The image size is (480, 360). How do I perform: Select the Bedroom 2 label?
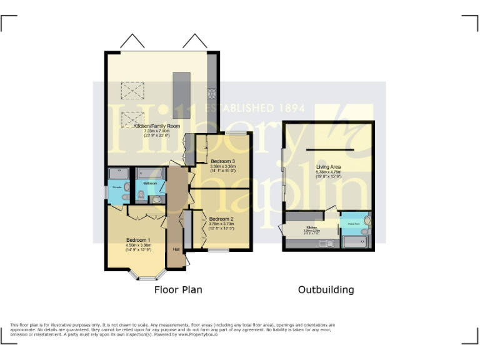222,219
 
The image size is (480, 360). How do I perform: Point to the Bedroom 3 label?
222,161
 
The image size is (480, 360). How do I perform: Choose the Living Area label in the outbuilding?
329,167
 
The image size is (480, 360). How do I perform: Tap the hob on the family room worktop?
212,94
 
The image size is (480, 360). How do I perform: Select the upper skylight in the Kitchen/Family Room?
132,91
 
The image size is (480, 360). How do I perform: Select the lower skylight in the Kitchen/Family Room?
132,117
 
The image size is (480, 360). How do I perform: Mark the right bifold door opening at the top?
194,42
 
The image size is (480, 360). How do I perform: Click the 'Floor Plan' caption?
179,290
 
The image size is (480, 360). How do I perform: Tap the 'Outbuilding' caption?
326,290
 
